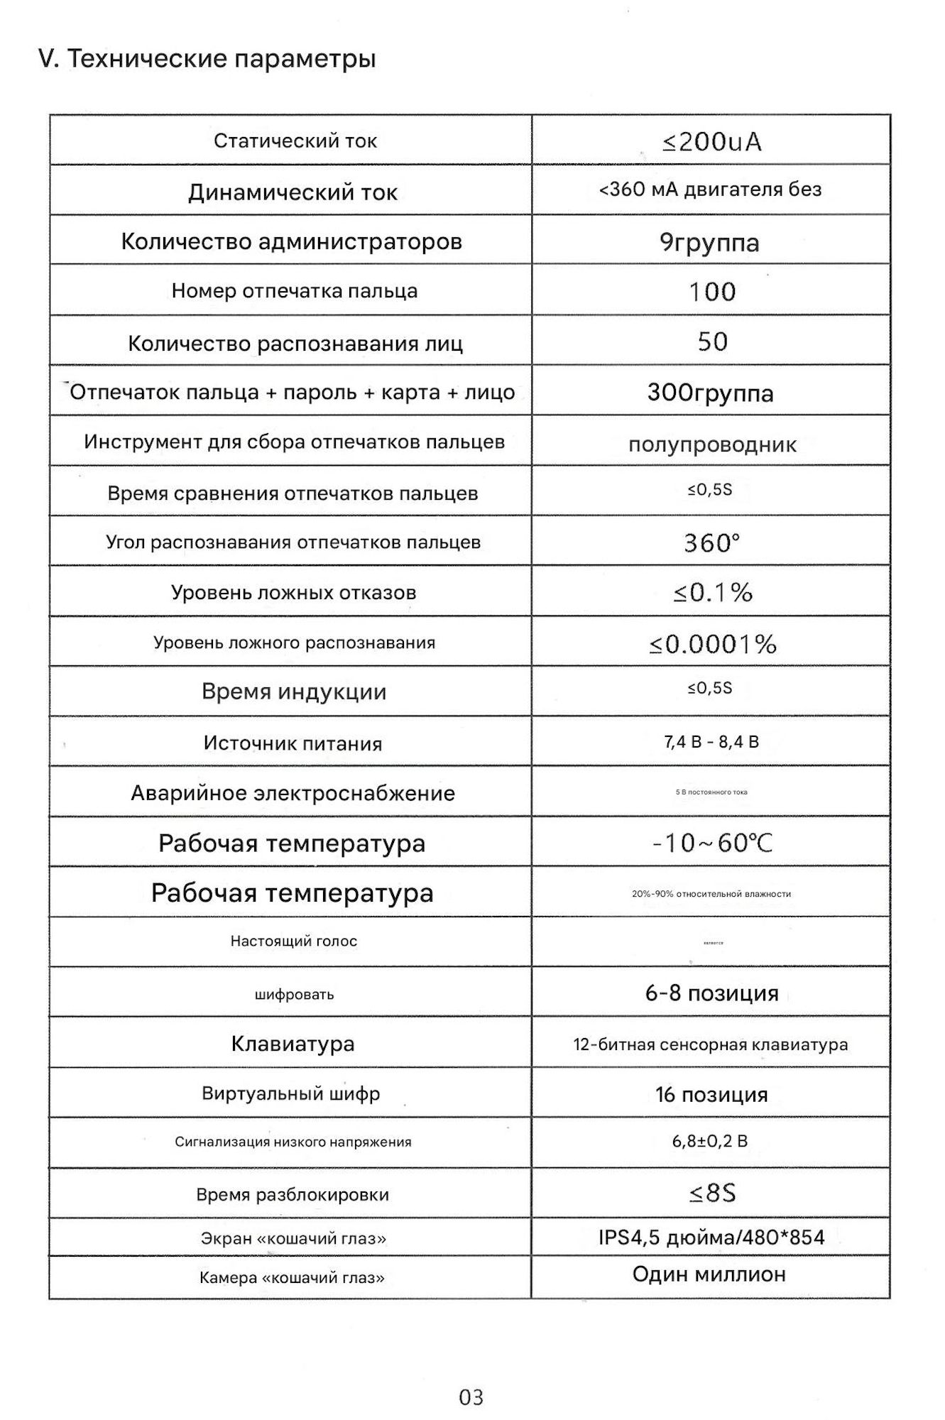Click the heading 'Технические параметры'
(x=207, y=59)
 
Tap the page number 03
(x=471, y=1397)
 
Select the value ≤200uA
(x=711, y=142)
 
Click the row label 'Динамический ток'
(x=293, y=192)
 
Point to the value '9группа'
(x=709, y=243)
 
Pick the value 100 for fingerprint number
(x=712, y=292)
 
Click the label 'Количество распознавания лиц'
(x=295, y=344)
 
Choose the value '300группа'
(x=710, y=393)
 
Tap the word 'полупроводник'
(x=712, y=445)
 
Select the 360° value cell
(x=711, y=543)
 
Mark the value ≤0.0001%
(x=712, y=644)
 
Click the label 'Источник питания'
(x=293, y=743)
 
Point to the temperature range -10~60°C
(x=712, y=843)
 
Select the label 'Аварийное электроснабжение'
(x=293, y=793)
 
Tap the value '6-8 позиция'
(x=711, y=993)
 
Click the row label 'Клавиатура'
(x=293, y=1044)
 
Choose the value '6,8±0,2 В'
(x=710, y=1142)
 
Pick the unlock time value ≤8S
(x=712, y=1193)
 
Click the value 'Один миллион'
(x=709, y=1274)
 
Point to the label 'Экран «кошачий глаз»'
(x=293, y=1239)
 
